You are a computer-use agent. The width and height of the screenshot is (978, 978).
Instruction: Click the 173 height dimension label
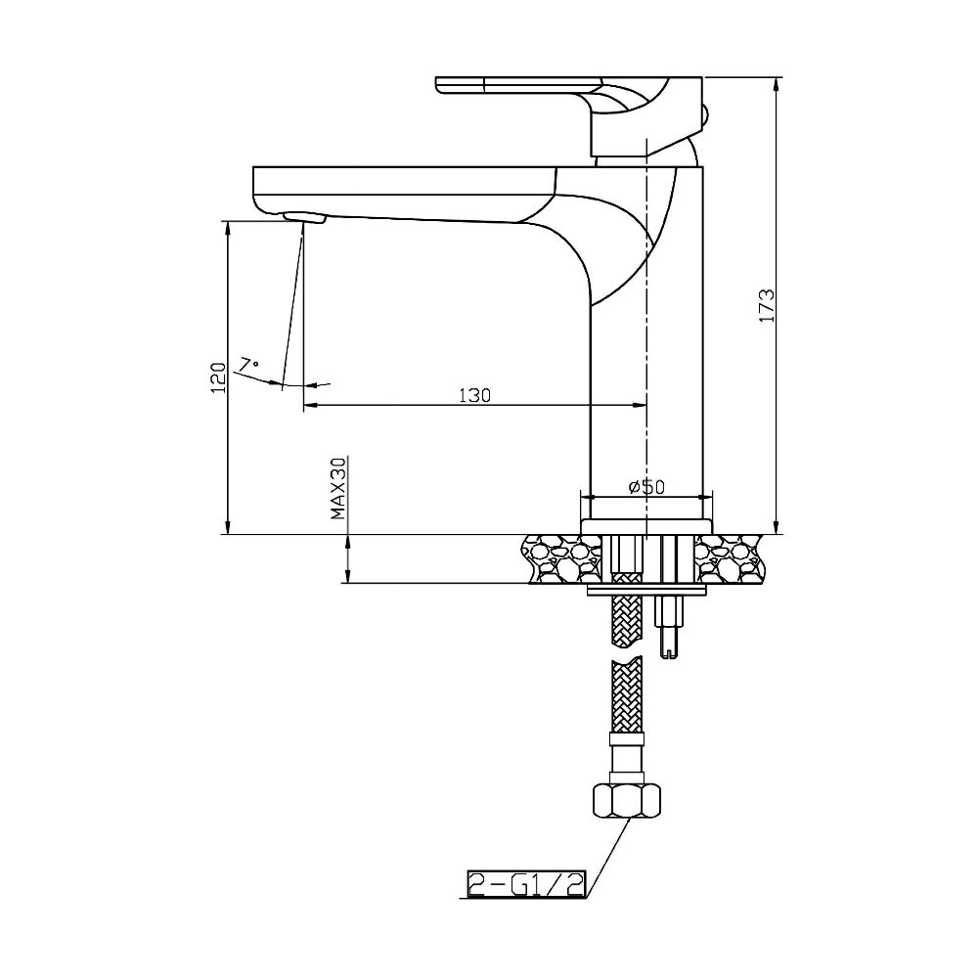coord(767,306)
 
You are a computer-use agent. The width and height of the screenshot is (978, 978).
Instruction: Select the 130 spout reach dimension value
coord(474,395)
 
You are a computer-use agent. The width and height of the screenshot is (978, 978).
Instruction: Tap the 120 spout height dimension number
coord(218,376)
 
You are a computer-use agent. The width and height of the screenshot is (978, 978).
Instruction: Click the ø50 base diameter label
coord(646,486)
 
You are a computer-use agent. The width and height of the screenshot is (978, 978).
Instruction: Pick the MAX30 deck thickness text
coord(338,488)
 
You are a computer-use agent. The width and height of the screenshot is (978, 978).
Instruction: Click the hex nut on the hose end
coord(626,803)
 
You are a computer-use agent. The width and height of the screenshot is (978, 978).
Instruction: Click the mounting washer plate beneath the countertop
coord(646,592)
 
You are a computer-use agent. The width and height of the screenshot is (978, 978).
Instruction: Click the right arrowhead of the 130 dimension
coord(641,405)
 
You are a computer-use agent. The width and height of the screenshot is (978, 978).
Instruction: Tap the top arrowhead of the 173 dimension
coord(777,83)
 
